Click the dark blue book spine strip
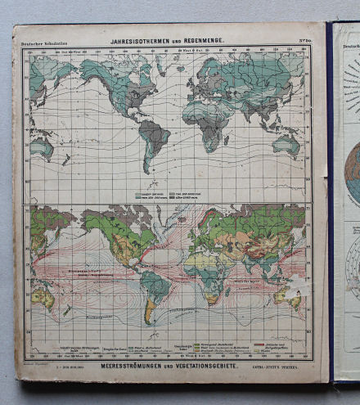tap(331, 205)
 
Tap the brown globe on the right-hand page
tap(352, 172)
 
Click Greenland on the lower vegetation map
tap(148, 214)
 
